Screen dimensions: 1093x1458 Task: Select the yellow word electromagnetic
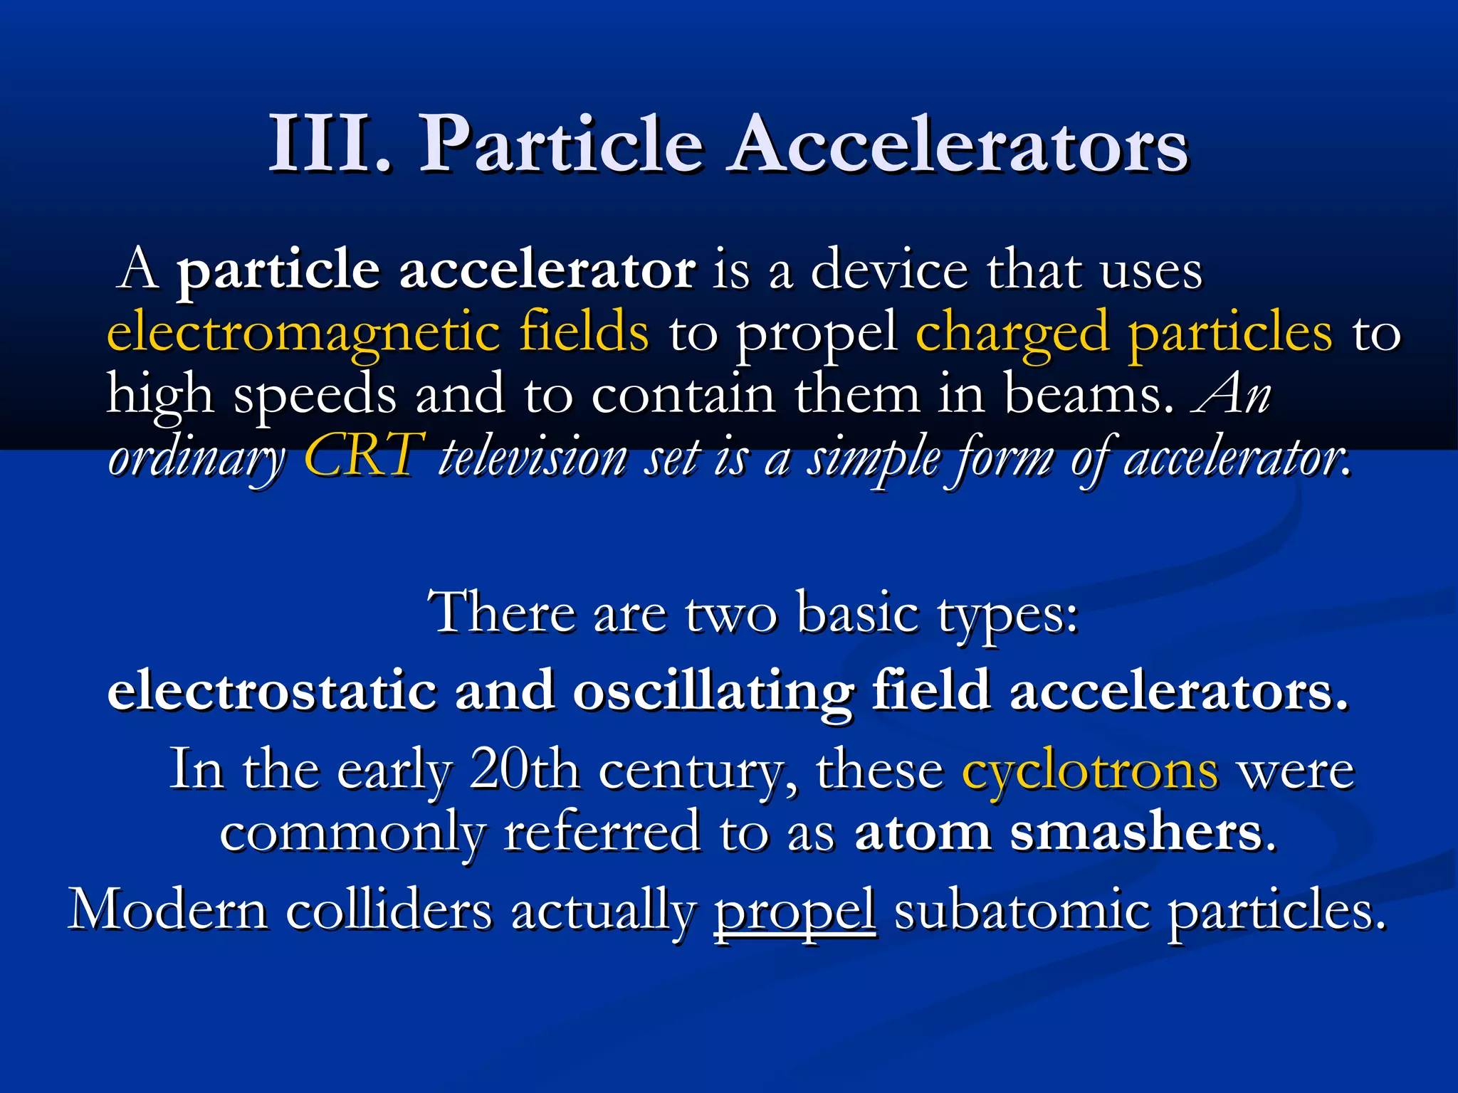point(303,332)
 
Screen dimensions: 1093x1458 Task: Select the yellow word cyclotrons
point(1090,770)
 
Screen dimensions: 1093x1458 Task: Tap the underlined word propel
point(794,911)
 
